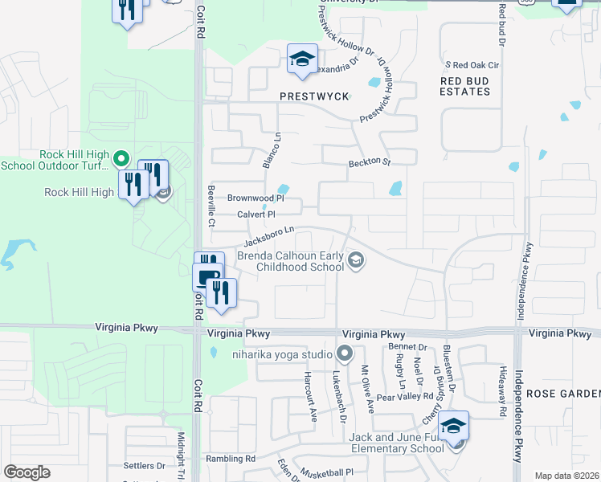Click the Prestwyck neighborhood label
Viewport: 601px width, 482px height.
pos(314,96)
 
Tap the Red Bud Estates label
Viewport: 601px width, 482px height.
pos(465,86)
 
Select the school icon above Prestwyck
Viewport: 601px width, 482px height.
pos(302,59)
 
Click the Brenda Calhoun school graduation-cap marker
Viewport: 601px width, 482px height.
pos(356,259)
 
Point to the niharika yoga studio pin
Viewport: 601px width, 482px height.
pos(345,353)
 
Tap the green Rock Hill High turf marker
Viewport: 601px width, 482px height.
pos(121,155)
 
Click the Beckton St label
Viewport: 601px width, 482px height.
pos(369,163)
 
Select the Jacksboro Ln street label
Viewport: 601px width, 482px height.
pos(269,235)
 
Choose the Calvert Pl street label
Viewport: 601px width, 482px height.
pos(256,214)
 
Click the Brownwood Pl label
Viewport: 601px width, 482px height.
pos(256,198)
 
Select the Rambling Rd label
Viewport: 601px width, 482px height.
pos(229,459)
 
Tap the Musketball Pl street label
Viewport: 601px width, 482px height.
pos(327,472)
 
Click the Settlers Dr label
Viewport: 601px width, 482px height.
pos(144,465)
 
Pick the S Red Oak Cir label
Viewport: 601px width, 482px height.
pos(473,64)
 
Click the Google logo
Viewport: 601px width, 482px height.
pos(27,472)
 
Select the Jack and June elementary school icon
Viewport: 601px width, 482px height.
pos(453,425)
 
